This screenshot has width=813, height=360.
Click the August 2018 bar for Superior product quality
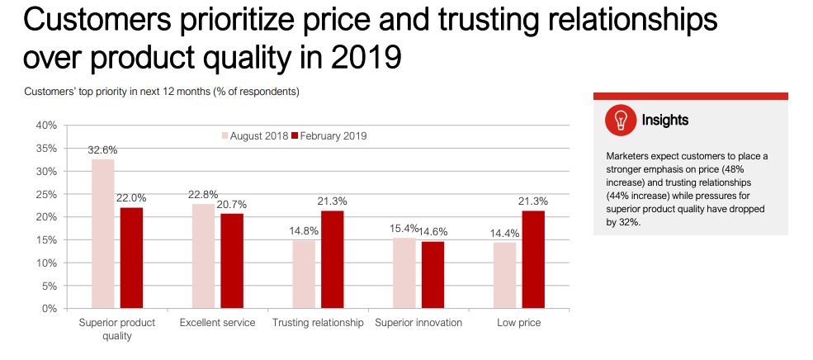[102, 234]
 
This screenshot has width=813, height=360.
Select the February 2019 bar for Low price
[533, 259]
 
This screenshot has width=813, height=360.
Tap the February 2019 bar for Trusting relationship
[332, 259]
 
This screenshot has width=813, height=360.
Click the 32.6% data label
[103, 150]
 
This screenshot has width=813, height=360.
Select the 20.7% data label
[233, 204]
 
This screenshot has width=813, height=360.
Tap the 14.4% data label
[504, 233]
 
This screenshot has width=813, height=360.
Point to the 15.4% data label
[403, 228]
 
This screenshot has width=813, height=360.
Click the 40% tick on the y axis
[45, 126]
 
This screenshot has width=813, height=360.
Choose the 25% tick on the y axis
[45, 194]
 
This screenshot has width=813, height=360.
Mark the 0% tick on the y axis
[49, 309]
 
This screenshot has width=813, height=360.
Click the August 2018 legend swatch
[224, 135]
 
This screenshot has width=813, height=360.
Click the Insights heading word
[665, 121]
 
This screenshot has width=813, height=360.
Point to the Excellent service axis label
[217, 323]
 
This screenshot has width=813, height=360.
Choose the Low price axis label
[519, 323]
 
